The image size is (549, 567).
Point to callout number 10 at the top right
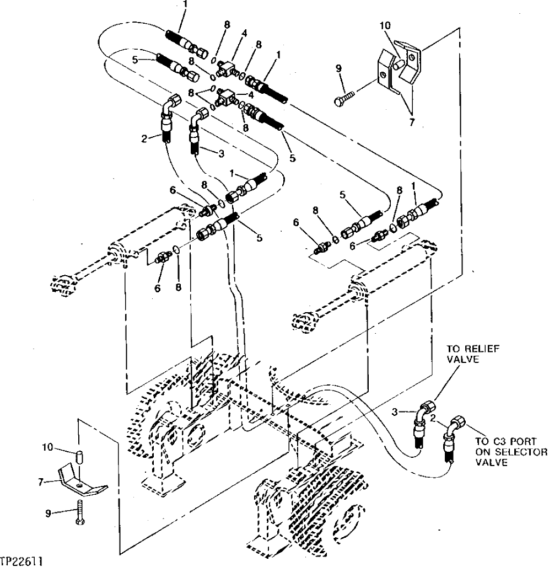click(385, 25)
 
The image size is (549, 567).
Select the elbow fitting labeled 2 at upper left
click(168, 116)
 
